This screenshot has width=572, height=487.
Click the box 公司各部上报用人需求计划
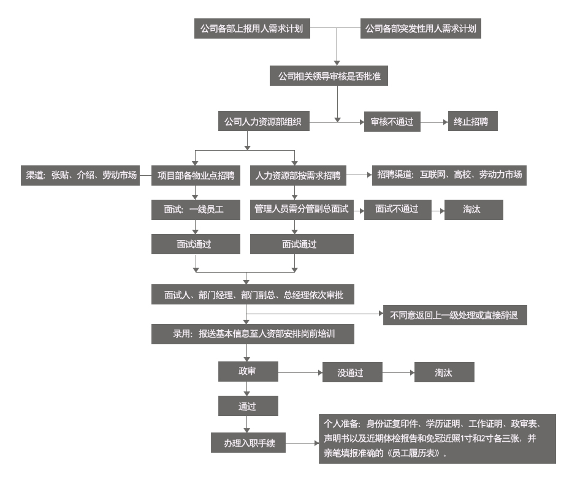[252, 28]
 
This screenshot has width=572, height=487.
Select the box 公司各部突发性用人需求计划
[421, 28]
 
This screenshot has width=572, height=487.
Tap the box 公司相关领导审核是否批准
[329, 76]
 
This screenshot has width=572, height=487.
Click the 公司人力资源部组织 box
[264, 121]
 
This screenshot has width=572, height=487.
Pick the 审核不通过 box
[392, 121]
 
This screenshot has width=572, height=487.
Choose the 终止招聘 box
[473, 121]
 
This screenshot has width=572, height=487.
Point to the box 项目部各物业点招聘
[196, 175]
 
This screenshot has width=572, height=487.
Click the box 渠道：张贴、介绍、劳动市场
[80, 175]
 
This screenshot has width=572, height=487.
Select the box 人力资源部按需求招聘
[298, 175]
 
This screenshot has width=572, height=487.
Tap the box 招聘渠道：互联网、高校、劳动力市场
[449, 175]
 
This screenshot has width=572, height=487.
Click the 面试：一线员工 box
[196, 210]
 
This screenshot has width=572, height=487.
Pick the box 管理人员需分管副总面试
[302, 210]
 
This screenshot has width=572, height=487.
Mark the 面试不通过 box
[398, 210]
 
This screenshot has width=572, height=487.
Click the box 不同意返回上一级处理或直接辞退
[455, 315]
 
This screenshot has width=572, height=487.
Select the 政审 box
[248, 371]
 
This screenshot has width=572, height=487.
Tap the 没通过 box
[353, 372]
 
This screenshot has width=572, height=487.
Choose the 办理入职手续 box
[248, 442]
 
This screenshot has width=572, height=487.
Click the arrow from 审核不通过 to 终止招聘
[434, 122]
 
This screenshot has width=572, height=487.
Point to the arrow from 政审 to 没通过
[300, 372]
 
